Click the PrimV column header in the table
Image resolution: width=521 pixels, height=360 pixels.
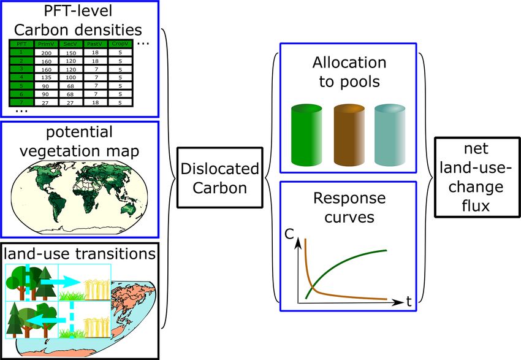[x=45, y=44]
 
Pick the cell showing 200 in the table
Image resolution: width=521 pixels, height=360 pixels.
[x=45, y=53]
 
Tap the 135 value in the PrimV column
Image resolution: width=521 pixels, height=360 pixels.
[x=45, y=77]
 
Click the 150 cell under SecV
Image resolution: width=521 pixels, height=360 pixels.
[x=71, y=53]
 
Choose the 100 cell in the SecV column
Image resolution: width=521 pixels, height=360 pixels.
[x=71, y=77]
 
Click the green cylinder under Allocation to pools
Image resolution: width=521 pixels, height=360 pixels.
[x=306, y=134]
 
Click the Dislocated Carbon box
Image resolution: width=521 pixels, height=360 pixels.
[x=220, y=178]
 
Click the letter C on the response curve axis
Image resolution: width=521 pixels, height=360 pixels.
[x=289, y=234]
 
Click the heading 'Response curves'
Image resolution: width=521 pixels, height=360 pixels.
[x=349, y=209]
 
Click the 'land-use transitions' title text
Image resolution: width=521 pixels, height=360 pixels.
[x=79, y=253]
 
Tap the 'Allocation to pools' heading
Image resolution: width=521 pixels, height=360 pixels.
[x=349, y=72]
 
